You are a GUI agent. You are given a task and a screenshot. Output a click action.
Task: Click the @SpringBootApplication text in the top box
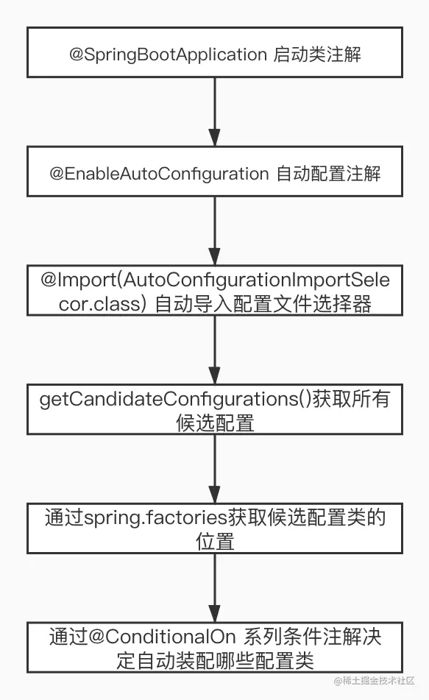(168, 54)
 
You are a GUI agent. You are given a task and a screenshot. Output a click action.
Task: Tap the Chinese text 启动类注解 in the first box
(317, 54)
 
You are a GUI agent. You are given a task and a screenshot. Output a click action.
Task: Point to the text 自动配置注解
(329, 174)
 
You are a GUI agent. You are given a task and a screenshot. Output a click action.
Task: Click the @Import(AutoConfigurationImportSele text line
(215, 280)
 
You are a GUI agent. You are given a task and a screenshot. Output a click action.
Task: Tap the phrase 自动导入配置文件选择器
(263, 304)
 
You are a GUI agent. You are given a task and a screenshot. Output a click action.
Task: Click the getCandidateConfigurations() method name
(175, 399)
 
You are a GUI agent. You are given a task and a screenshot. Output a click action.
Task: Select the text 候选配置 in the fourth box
(215, 423)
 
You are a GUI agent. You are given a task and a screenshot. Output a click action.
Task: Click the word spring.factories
(156, 518)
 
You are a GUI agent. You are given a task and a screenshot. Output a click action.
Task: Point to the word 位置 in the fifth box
(215, 542)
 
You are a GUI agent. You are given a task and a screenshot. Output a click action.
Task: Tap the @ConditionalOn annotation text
(162, 637)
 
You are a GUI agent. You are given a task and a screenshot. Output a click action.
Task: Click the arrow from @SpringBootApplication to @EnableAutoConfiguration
(215, 112)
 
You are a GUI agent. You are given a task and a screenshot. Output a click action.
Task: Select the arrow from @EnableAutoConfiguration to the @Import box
(215, 231)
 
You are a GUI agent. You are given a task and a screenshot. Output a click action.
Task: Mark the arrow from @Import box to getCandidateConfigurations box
(215, 350)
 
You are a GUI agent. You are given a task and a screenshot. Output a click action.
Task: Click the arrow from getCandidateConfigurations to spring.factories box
(215, 469)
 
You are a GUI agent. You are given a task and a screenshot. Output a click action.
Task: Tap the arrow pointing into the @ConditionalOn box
(215, 588)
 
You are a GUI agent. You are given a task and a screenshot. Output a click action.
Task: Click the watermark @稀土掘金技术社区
(375, 680)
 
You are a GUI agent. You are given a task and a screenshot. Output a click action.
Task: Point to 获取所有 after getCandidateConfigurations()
(351, 399)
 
